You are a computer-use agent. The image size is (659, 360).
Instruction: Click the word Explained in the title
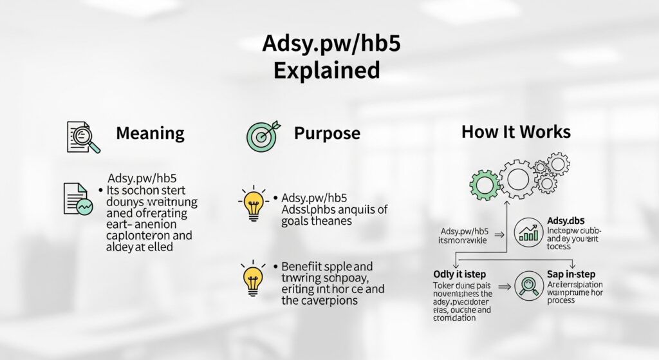[326, 70]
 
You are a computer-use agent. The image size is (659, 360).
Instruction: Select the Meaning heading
[150, 133]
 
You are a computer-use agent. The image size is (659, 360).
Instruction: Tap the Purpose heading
[327, 133]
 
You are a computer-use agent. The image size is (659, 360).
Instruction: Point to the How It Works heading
[515, 132]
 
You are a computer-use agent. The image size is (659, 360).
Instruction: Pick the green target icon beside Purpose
[260, 135]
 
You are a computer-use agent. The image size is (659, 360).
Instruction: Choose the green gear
[485, 185]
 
